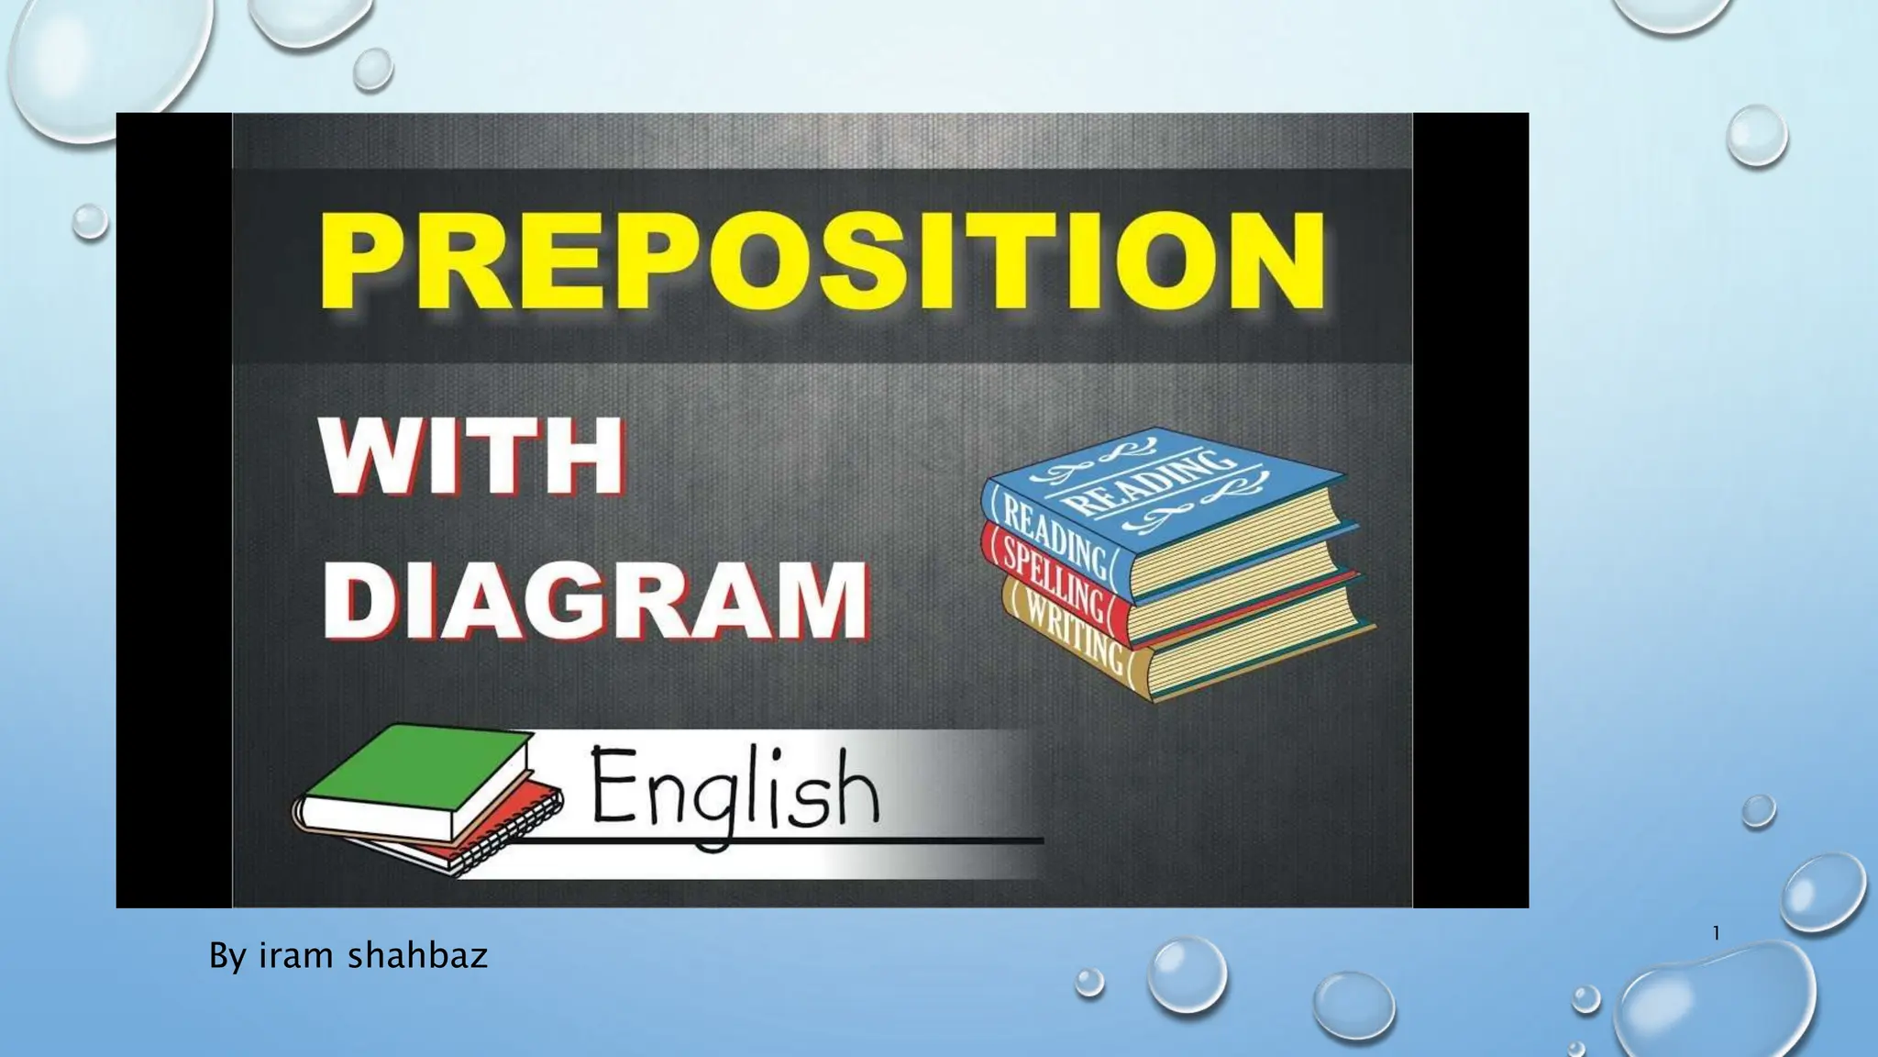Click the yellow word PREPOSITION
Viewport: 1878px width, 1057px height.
[823, 261]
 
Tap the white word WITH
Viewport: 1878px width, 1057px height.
[472, 456]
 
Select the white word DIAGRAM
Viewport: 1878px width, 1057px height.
[594, 600]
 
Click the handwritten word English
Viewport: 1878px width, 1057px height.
[734, 788]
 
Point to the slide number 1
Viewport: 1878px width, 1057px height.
[1716, 934]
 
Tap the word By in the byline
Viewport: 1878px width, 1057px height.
[227, 957]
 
